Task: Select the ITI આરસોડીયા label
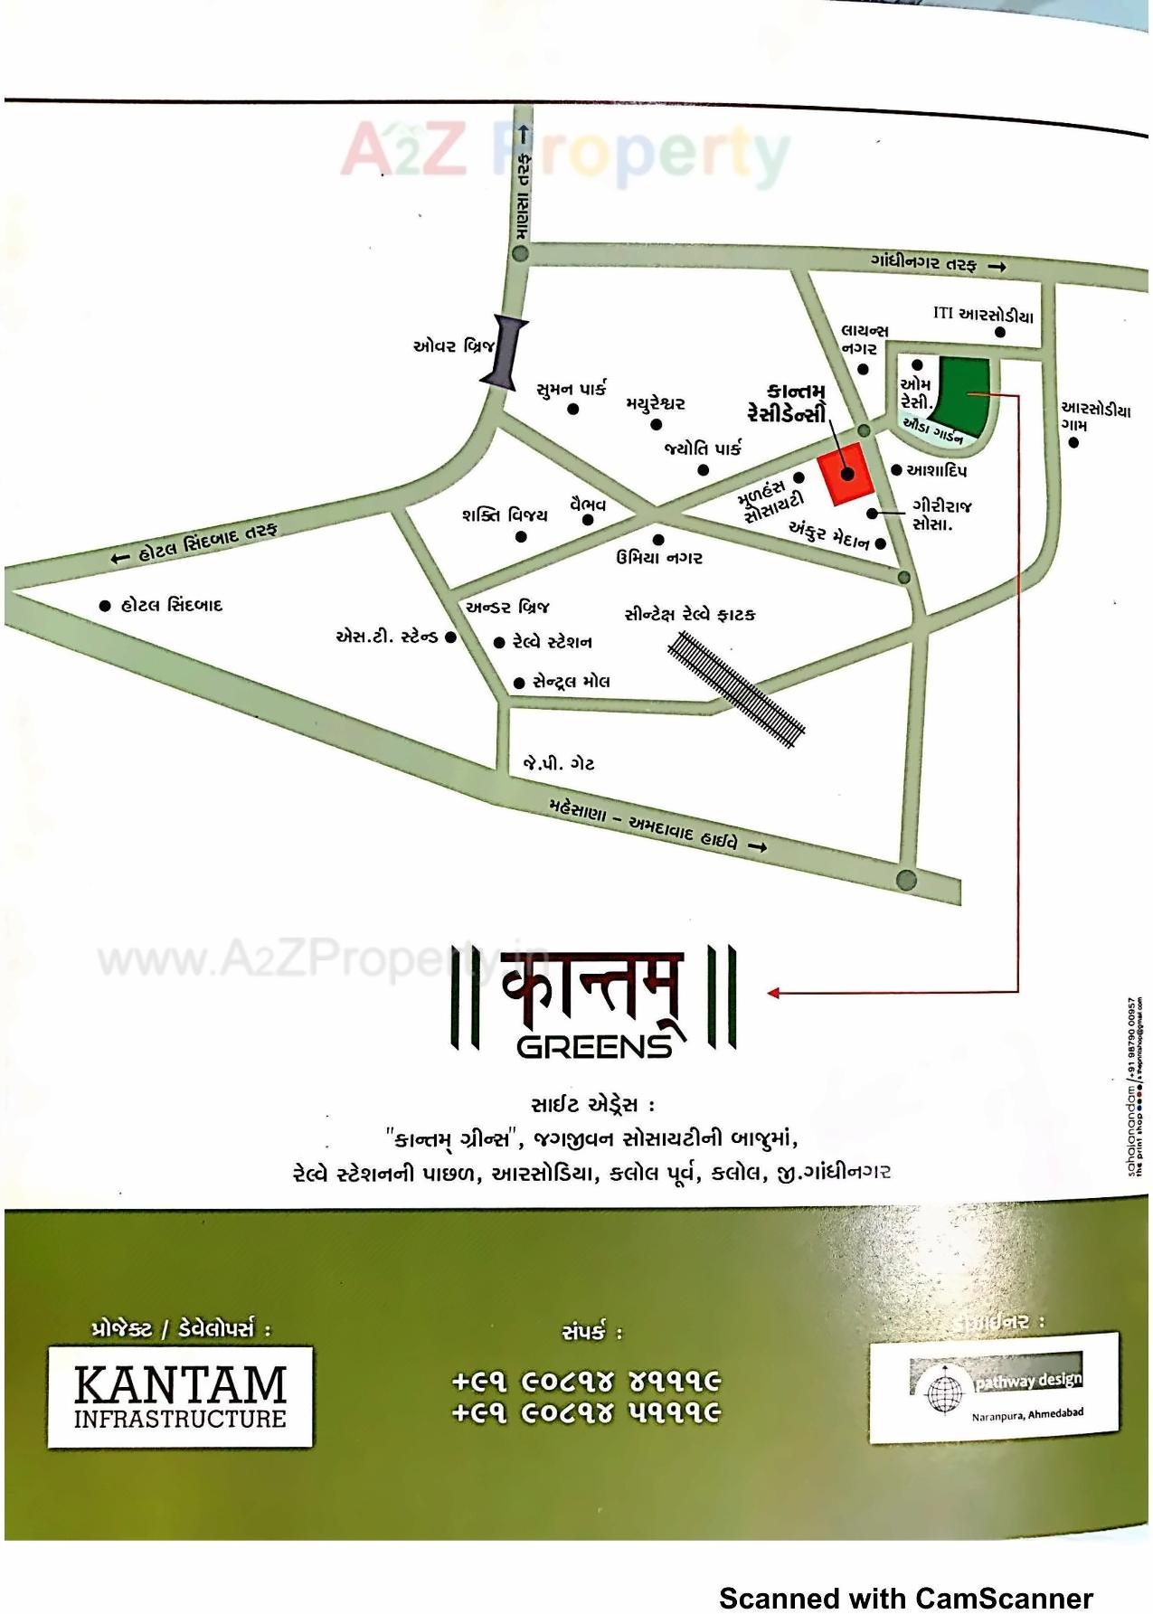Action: [982, 316]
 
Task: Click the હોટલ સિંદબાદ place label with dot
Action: [163, 605]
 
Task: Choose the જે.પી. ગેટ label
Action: [558, 763]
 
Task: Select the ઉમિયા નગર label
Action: [659, 557]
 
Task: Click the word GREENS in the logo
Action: [595, 1046]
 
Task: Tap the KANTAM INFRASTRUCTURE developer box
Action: [180, 1397]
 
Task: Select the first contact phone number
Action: [586, 1382]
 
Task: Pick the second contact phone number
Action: [586, 1412]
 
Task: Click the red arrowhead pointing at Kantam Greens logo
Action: [773, 993]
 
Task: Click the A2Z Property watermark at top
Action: [565, 152]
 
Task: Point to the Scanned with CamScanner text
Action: [906, 1598]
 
